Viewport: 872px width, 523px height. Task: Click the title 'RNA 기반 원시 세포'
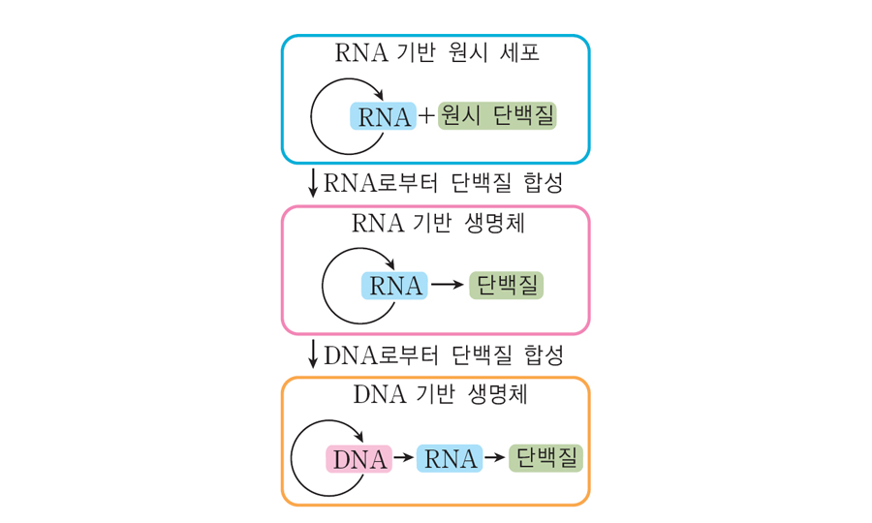coord(436,52)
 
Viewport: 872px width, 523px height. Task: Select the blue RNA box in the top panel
coord(383,117)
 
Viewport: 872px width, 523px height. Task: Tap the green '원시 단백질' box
coord(498,116)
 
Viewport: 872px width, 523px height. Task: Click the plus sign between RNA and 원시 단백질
coord(426,117)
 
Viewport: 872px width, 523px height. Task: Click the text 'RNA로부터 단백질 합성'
coord(443,182)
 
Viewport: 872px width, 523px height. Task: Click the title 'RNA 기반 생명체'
coord(436,224)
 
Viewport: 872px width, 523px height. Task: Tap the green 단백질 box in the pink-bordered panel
coord(506,286)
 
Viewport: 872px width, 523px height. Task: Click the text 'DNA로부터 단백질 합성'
coord(443,354)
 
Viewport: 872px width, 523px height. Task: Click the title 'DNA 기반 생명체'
coord(436,395)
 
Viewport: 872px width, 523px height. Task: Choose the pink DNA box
coord(359,459)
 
